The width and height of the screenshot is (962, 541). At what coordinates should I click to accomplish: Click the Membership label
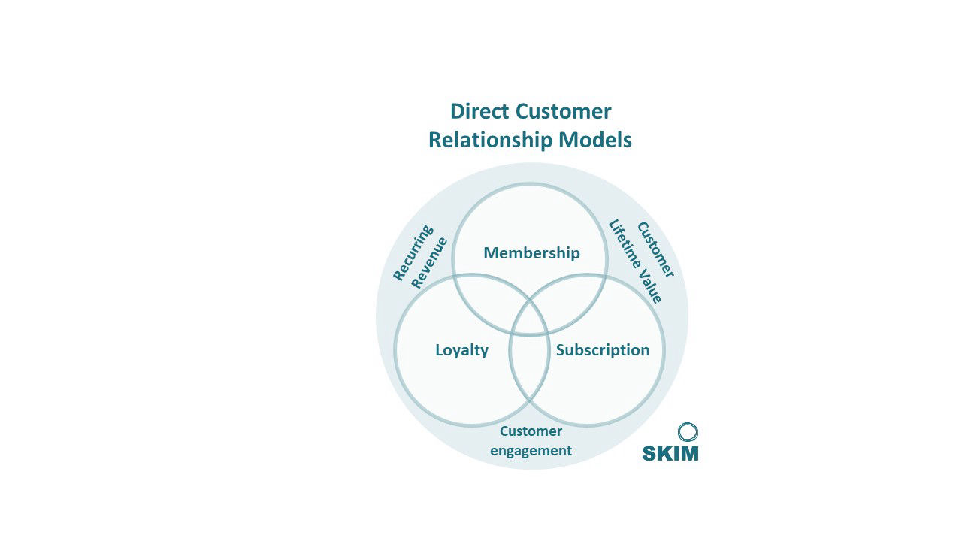[531, 253]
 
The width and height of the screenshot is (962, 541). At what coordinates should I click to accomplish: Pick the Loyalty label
[461, 350]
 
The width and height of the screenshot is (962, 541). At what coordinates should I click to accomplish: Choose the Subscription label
[602, 350]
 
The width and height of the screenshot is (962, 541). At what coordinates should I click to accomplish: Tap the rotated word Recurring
[413, 252]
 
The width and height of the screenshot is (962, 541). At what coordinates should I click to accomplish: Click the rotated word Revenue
[430, 262]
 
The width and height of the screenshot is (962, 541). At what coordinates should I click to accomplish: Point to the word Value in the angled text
[650, 289]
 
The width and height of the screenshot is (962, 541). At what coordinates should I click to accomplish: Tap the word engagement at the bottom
[531, 451]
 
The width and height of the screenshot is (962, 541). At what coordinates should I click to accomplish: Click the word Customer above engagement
[531, 431]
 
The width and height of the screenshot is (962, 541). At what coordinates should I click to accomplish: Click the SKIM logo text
[670, 453]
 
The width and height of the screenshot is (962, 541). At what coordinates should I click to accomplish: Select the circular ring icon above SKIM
[688, 432]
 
